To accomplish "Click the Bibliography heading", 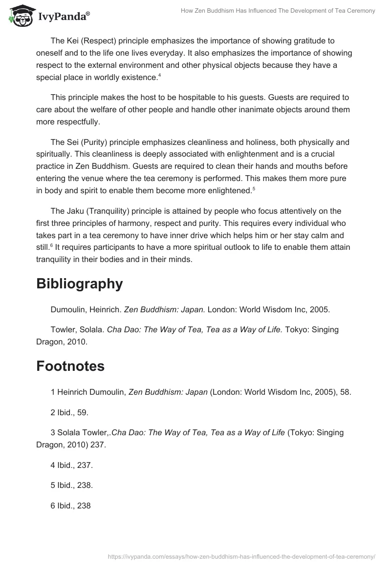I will point(79,284).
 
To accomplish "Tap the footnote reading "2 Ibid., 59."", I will point(69,412).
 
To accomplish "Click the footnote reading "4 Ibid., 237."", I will point(71,465).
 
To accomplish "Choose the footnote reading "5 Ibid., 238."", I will point(71,485).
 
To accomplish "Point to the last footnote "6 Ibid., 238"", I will point(70,506).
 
